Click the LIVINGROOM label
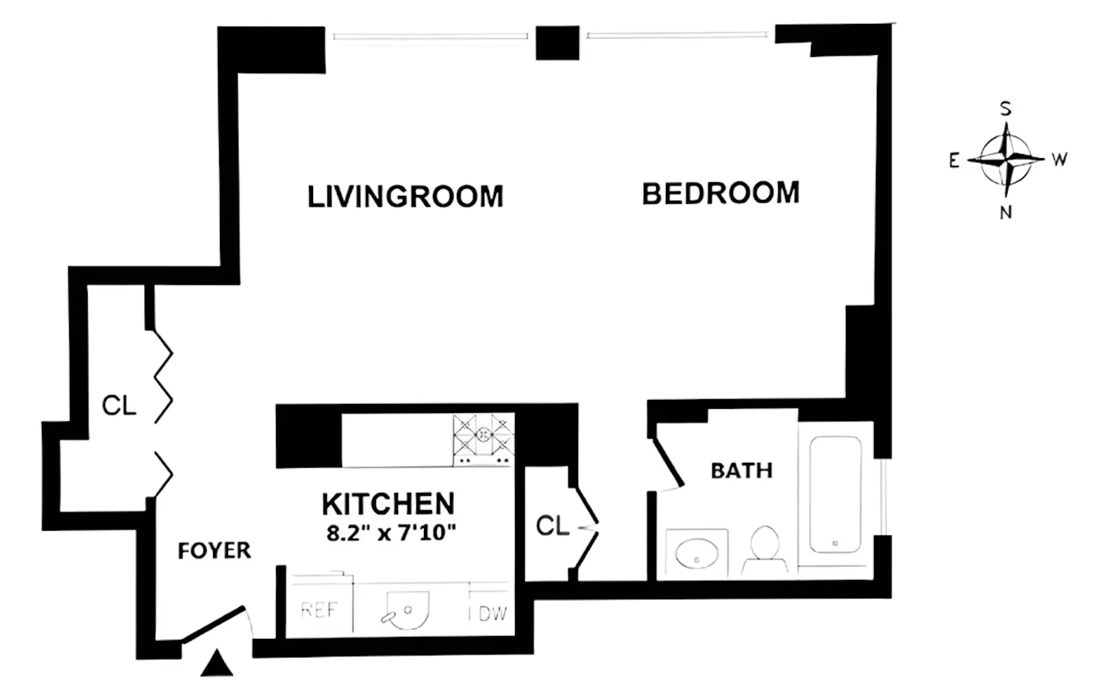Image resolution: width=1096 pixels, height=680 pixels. pos(405,197)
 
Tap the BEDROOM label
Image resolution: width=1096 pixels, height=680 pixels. pos(721,193)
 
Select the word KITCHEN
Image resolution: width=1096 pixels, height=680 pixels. pos(388,504)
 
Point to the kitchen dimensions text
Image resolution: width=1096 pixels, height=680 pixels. pos(391,532)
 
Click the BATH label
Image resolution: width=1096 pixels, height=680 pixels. pos(741,470)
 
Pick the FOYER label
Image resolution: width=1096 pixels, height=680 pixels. pos(214,551)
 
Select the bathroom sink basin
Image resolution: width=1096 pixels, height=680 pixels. pos(696,553)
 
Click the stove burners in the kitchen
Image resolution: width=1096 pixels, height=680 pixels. pos(484,438)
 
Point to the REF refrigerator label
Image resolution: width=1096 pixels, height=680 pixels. pos(319,609)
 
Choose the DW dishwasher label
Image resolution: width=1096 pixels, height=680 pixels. pos(493,614)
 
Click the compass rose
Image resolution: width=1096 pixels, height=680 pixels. pos(1005,160)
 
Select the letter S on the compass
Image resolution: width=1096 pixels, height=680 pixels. pos(1006,109)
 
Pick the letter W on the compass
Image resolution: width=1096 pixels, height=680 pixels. pos(1059,160)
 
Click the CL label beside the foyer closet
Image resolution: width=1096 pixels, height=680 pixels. pos(119,405)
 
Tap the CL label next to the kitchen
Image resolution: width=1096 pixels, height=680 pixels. pos(552,526)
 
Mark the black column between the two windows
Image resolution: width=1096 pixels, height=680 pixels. pos(557,42)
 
